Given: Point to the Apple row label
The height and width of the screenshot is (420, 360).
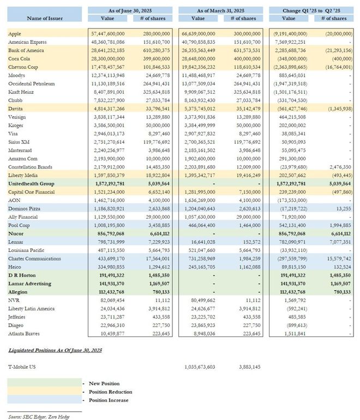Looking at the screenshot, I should pyautogui.click(x=15, y=34).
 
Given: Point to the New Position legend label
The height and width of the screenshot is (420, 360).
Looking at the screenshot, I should pyautogui.click(x=104, y=383).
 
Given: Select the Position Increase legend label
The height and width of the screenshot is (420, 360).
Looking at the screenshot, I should pyautogui.click(x=109, y=400).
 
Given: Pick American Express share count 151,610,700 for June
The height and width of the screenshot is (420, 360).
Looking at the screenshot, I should pyautogui.click(x=154, y=42).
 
